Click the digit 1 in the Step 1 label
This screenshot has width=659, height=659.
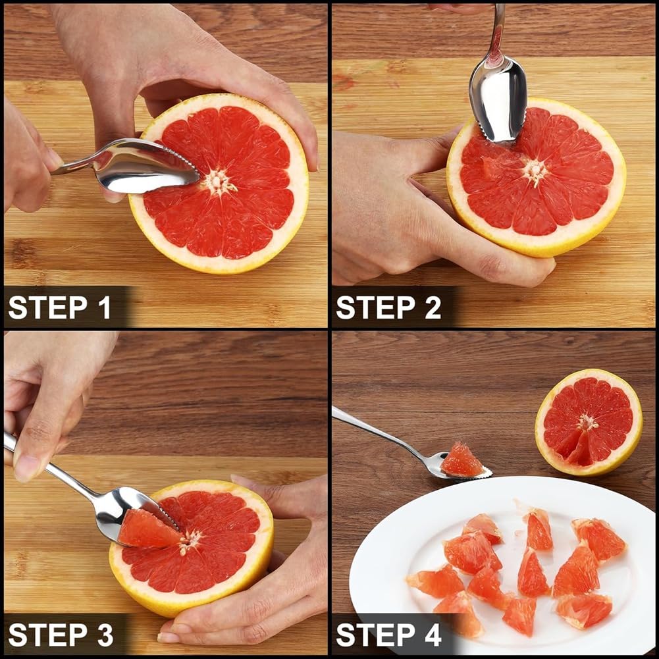(105, 307)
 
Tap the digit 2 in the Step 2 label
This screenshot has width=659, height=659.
(433, 307)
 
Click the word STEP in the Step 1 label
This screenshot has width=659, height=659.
(48, 307)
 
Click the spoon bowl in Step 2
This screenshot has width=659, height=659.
(498, 101)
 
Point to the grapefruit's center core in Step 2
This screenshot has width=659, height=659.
(535, 171)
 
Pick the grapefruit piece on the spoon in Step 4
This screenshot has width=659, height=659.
(461, 460)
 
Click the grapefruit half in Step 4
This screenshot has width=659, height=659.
(589, 422)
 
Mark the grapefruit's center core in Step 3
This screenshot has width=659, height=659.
(189, 540)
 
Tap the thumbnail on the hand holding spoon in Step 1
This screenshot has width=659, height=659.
(55, 159)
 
